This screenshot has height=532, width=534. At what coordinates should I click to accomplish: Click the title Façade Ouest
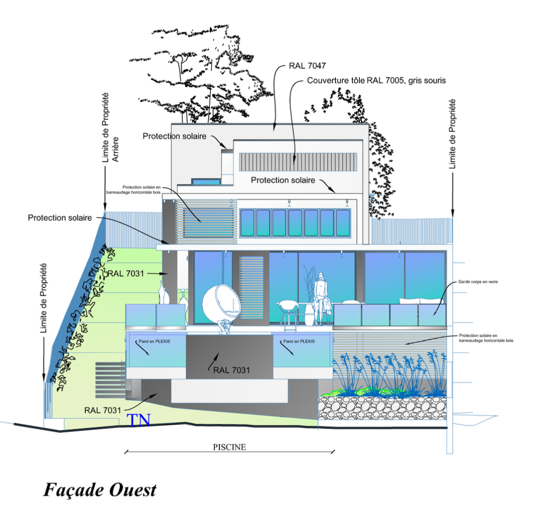[x=100, y=490]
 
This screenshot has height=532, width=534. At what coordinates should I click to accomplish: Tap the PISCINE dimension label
[x=229, y=447]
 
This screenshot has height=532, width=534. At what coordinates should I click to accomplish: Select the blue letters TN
[x=139, y=420]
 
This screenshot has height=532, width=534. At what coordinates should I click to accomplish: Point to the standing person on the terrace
[x=320, y=299]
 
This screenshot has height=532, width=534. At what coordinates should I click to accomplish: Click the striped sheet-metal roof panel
[x=297, y=162]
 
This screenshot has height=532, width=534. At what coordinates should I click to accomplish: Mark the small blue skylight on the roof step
[x=206, y=182]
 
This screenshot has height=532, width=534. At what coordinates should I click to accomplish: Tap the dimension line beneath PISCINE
[x=229, y=452]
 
